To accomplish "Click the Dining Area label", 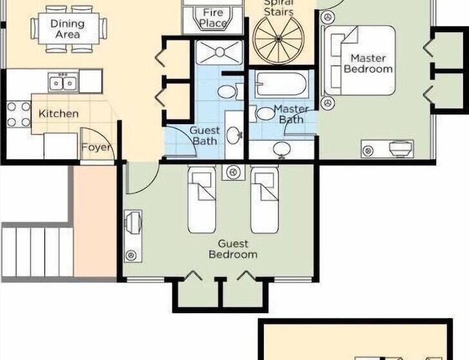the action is [68, 29].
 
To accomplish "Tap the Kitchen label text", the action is [59, 114].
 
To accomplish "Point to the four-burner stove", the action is [19, 114].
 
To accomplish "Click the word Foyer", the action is [96, 147].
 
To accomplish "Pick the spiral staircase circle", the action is [279, 39].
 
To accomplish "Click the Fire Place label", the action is [213, 18].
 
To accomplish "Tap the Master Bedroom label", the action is [368, 64].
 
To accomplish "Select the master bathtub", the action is [281, 84].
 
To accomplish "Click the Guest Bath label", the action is [205, 136].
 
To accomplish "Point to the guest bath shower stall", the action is [219, 52].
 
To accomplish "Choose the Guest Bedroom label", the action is [233, 249].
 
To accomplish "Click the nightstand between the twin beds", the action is [234, 172].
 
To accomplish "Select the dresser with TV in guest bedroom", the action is [133, 236].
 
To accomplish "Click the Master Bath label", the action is [291, 114].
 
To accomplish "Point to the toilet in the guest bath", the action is [230, 91].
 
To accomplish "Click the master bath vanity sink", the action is [282, 148].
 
